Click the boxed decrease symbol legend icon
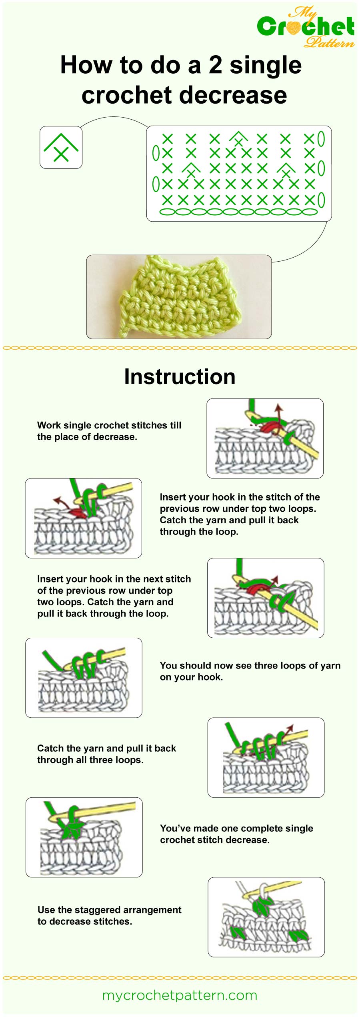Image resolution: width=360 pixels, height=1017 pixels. point(61,147)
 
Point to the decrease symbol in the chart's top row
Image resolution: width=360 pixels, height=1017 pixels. point(238,139)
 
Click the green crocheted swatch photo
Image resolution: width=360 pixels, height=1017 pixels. point(179,297)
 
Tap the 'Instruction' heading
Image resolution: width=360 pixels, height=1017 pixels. point(180,376)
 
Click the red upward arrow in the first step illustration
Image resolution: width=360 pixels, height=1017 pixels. point(279,412)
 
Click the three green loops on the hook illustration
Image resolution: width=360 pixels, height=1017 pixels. point(85,664)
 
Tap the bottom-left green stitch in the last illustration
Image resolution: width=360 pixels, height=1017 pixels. point(238,933)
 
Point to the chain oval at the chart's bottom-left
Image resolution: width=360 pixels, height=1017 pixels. point(167,212)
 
